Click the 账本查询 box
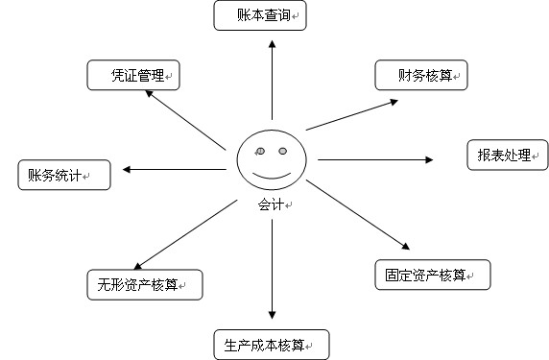click(x=258, y=16)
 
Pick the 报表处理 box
click(x=508, y=155)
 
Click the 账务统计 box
click(x=63, y=175)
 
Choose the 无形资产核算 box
click(x=144, y=283)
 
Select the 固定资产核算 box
click(x=432, y=275)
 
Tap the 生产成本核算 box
click(x=271, y=344)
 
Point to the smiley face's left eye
click(x=260, y=151)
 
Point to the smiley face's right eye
click(x=283, y=152)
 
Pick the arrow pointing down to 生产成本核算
click(x=273, y=269)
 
